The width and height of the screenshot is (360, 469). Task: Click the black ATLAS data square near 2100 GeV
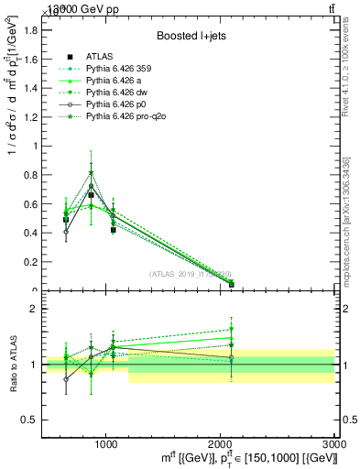(x=231, y=284)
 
